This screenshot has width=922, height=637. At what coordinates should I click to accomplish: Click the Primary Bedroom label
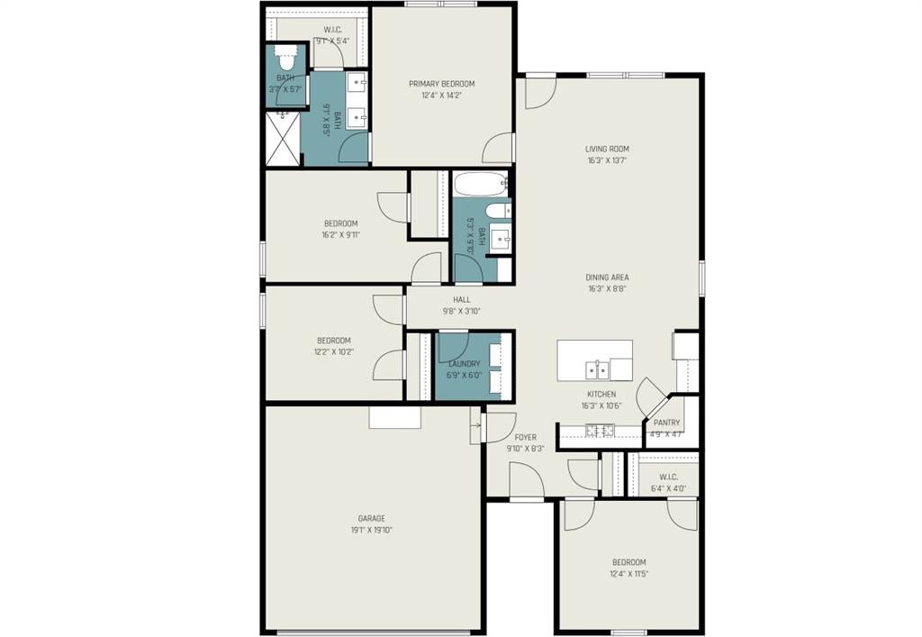pyautogui.click(x=441, y=84)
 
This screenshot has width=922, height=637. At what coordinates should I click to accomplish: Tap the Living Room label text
pyautogui.click(x=607, y=150)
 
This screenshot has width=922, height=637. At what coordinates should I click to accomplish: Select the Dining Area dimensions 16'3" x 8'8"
pyautogui.click(x=607, y=289)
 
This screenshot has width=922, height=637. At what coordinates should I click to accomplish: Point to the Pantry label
pyautogui.click(x=666, y=423)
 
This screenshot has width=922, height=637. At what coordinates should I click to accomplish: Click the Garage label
pyautogui.click(x=371, y=518)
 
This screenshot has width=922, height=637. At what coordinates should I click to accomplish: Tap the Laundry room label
pyautogui.click(x=465, y=364)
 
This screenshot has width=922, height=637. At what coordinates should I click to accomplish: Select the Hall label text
pyautogui.click(x=461, y=300)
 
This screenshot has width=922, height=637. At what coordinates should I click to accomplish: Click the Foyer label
pyautogui.click(x=526, y=437)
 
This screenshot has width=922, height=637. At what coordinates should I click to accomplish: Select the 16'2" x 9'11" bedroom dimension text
pyautogui.click(x=341, y=235)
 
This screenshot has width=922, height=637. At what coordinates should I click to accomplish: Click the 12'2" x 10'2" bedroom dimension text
pyautogui.click(x=334, y=351)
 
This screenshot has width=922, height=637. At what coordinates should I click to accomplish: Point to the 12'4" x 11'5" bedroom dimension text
pyautogui.click(x=628, y=573)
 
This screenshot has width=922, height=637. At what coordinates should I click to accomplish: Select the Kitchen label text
pyautogui.click(x=601, y=395)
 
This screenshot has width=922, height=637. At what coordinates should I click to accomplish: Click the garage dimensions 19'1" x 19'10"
pyautogui.click(x=371, y=530)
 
